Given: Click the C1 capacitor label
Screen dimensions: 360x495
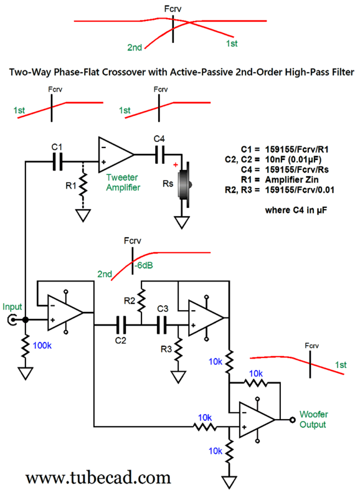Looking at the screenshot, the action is tap(57, 147).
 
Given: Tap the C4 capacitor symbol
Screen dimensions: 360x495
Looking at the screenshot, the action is tap(160, 154).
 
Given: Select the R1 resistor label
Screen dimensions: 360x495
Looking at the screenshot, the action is tap(71, 186).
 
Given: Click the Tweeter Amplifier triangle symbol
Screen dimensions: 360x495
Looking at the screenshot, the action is tap(116, 154).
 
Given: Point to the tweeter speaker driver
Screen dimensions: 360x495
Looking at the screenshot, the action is tap(184, 185).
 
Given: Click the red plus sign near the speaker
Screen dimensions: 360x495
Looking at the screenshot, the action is tap(175, 165).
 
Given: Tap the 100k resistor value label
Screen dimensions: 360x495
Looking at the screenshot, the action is tap(42, 346).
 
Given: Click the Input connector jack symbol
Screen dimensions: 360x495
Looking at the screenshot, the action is tap(12, 321).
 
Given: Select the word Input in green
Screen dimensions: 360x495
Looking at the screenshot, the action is tap(12, 307).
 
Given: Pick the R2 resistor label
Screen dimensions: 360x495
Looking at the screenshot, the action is tap(130, 301).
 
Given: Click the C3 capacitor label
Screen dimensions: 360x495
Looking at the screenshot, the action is tap(163, 309).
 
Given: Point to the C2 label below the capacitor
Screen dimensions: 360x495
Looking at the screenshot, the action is tap(120, 341).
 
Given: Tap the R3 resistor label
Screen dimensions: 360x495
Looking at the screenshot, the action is tap(166, 349).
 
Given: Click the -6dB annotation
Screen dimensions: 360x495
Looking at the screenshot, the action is tap(143, 265).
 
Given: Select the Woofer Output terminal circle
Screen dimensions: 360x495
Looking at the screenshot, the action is tap(292, 420).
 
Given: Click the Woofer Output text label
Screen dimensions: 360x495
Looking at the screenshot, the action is tap(313, 419).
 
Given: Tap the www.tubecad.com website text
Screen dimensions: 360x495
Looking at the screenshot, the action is tap(98, 478).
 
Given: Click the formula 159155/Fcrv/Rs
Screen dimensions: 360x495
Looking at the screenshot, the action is tap(296, 169).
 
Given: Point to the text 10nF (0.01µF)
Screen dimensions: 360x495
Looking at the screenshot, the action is tap(293, 159).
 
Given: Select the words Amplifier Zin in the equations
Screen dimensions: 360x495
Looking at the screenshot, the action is tap(291, 179).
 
